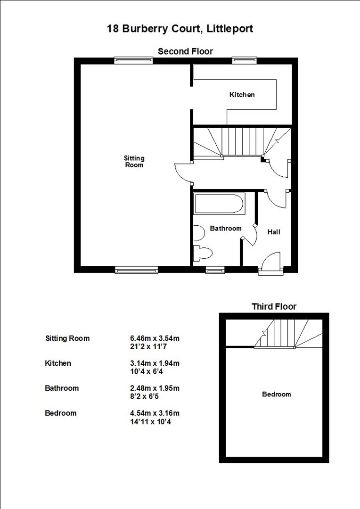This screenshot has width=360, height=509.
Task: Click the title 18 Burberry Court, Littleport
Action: [180, 29]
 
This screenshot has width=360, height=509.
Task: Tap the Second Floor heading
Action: [185, 51]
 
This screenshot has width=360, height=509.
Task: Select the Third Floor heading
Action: [274, 307]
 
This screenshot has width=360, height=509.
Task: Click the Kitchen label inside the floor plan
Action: [242, 95]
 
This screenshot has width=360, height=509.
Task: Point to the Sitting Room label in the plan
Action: [134, 162]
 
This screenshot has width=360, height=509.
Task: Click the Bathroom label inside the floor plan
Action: [225, 229]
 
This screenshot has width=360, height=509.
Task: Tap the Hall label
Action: [274, 232]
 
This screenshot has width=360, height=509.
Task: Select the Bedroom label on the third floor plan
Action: [276, 394]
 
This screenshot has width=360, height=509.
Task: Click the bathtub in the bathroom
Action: [219, 204]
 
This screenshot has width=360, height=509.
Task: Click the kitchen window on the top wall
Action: [244, 60]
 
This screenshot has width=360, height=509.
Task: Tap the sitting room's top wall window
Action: [133, 60]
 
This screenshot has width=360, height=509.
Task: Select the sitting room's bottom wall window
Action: [136, 270]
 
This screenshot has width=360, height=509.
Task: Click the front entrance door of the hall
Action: [270, 264]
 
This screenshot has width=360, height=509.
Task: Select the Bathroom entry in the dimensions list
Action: [62, 388]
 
